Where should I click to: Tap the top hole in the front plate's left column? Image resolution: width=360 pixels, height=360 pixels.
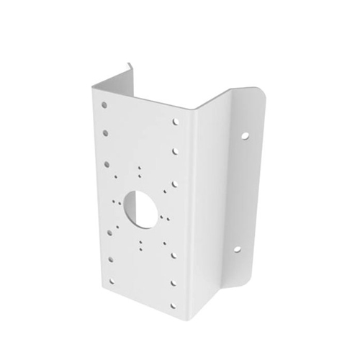click(x=104, y=105)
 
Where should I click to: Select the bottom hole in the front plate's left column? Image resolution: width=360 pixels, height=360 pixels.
click(x=112, y=282)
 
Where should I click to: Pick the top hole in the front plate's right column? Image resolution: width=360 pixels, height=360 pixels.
click(x=176, y=122)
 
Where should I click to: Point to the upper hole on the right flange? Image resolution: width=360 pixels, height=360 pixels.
click(x=245, y=135)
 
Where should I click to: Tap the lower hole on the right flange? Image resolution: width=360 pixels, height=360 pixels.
click(x=236, y=250)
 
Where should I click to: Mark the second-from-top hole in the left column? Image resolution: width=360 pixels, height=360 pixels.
click(x=106, y=133)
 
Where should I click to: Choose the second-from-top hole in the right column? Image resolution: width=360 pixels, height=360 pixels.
click(x=175, y=151)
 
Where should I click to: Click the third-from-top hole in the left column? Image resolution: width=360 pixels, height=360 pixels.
click(x=107, y=164)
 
